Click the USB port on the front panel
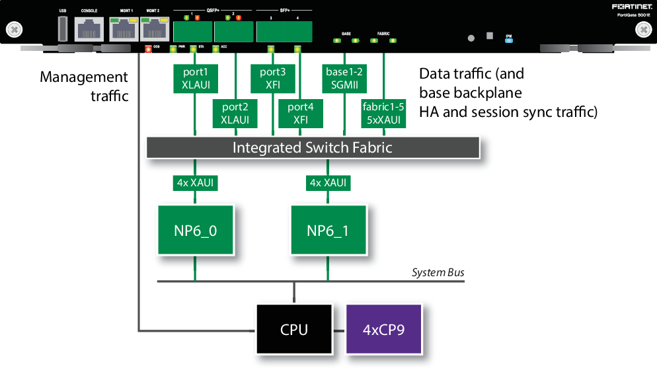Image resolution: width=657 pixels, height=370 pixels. (63, 28)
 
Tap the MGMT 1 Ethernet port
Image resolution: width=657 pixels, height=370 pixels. (124, 30)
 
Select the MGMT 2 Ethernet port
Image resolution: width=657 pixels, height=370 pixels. (153, 30)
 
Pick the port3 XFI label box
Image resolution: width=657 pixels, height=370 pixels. (273, 78)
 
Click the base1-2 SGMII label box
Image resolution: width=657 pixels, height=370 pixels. (344, 78)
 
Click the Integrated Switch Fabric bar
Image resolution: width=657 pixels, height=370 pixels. (312, 147)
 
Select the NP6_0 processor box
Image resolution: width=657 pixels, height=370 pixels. (195, 230)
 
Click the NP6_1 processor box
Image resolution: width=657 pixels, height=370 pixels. (328, 230)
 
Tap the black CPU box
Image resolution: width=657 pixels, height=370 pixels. (294, 328)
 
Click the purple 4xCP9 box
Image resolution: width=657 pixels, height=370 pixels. (384, 328)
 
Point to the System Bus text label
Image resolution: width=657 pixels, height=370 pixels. (438, 272)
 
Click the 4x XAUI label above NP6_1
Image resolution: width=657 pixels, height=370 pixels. (328, 182)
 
